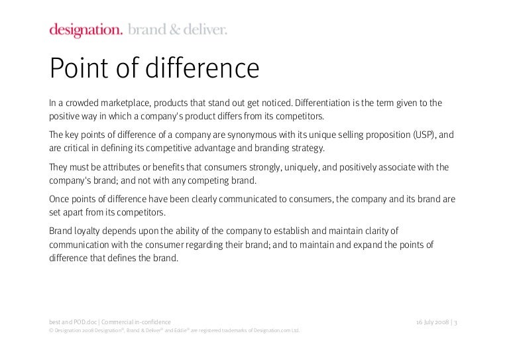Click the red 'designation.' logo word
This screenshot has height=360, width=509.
pyautogui.click(x=85, y=29)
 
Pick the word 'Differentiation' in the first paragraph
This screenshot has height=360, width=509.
pyautogui.click(x=323, y=103)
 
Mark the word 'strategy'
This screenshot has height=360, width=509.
pyautogui.click(x=306, y=147)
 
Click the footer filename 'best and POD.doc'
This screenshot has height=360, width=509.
pyautogui.click(x=73, y=322)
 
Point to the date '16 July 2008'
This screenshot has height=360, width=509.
pyautogui.click(x=431, y=322)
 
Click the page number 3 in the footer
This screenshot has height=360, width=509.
pyautogui.click(x=456, y=322)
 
